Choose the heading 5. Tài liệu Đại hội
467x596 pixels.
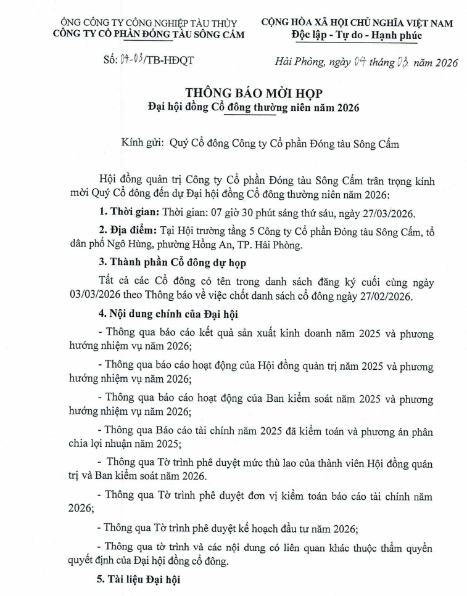click(140, 580)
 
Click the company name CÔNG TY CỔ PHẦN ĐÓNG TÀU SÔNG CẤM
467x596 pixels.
click(149, 34)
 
